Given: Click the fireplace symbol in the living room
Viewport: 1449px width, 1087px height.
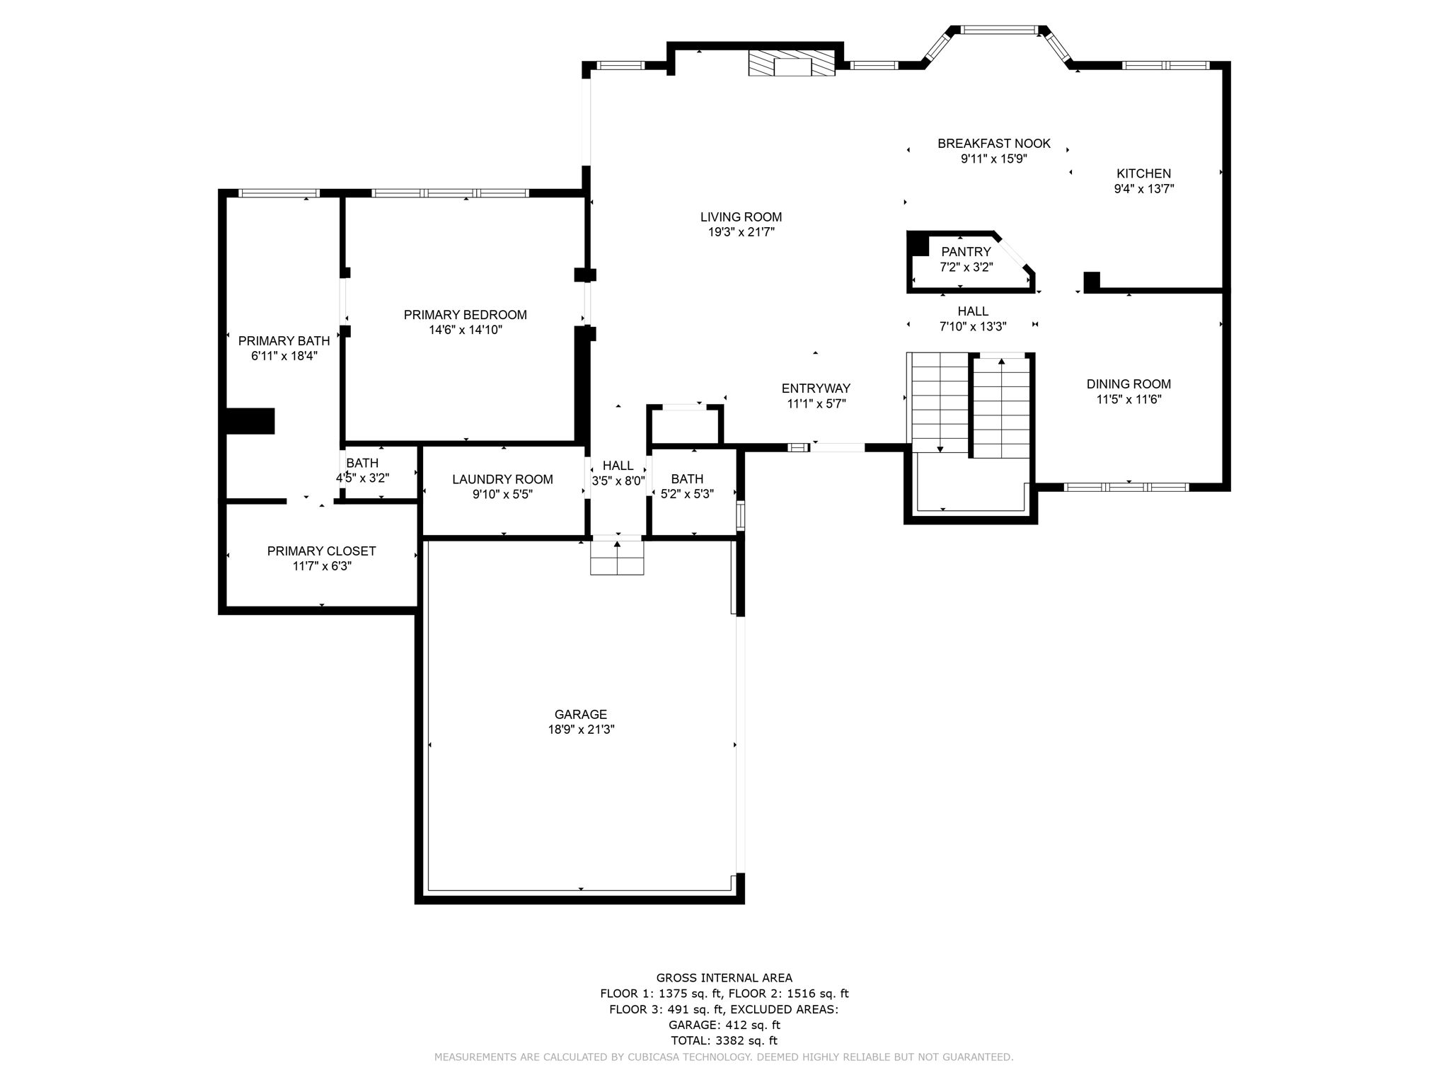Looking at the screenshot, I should (x=792, y=63).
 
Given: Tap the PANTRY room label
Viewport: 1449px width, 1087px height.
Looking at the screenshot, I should (x=966, y=252).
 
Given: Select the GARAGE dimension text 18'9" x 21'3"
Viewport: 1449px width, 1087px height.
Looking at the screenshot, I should (x=581, y=730).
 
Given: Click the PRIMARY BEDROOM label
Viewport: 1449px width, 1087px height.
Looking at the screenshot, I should (x=465, y=315).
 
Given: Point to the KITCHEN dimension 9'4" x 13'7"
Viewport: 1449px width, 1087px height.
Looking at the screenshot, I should (x=1143, y=189).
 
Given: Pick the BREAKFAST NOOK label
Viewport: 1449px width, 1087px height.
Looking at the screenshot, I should (x=993, y=144).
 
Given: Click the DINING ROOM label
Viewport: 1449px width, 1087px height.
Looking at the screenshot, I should (x=1128, y=384).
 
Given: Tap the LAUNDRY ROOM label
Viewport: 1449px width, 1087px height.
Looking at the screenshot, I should (x=502, y=479).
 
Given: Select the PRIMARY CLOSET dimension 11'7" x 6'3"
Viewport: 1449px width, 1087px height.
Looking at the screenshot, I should (x=321, y=566).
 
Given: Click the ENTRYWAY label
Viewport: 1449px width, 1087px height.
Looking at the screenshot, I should (x=816, y=389).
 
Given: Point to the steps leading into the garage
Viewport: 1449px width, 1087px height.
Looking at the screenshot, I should (x=617, y=558).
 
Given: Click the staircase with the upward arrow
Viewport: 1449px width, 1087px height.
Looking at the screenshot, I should (x=1001, y=407).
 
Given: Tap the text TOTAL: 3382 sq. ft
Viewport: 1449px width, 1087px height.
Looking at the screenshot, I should (x=724, y=1040).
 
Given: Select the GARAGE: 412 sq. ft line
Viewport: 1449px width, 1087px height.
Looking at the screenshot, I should (x=724, y=1025).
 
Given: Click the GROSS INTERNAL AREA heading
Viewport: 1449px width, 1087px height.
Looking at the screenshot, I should (x=724, y=978).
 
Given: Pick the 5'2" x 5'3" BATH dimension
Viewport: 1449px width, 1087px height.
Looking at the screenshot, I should (x=686, y=494).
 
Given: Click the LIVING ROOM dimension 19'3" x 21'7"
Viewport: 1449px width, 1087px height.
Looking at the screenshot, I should (x=741, y=232).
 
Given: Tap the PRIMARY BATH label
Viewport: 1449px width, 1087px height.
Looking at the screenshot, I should (x=284, y=341).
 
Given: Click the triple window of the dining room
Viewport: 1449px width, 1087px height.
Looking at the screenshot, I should (x=1126, y=487).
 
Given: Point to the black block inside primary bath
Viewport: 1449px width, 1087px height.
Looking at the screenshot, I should (x=249, y=421).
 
